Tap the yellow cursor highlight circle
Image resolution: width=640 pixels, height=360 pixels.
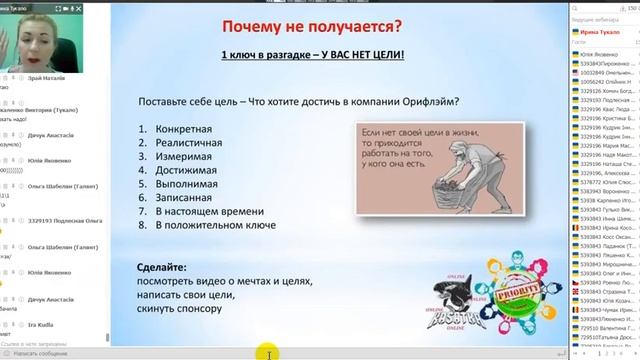pyautogui.click(x=268, y=351)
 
